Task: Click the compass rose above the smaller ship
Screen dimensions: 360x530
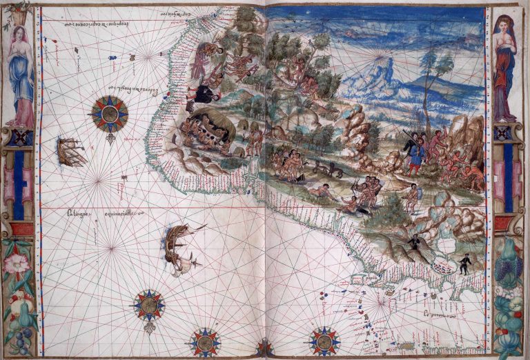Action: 110,112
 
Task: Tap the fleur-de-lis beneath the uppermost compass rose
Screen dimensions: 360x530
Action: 110,139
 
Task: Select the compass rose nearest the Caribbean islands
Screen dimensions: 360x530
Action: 324,340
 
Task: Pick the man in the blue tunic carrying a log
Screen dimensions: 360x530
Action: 414,153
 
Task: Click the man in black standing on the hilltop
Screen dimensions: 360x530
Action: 415,241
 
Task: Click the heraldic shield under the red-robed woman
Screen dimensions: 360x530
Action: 504,132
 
